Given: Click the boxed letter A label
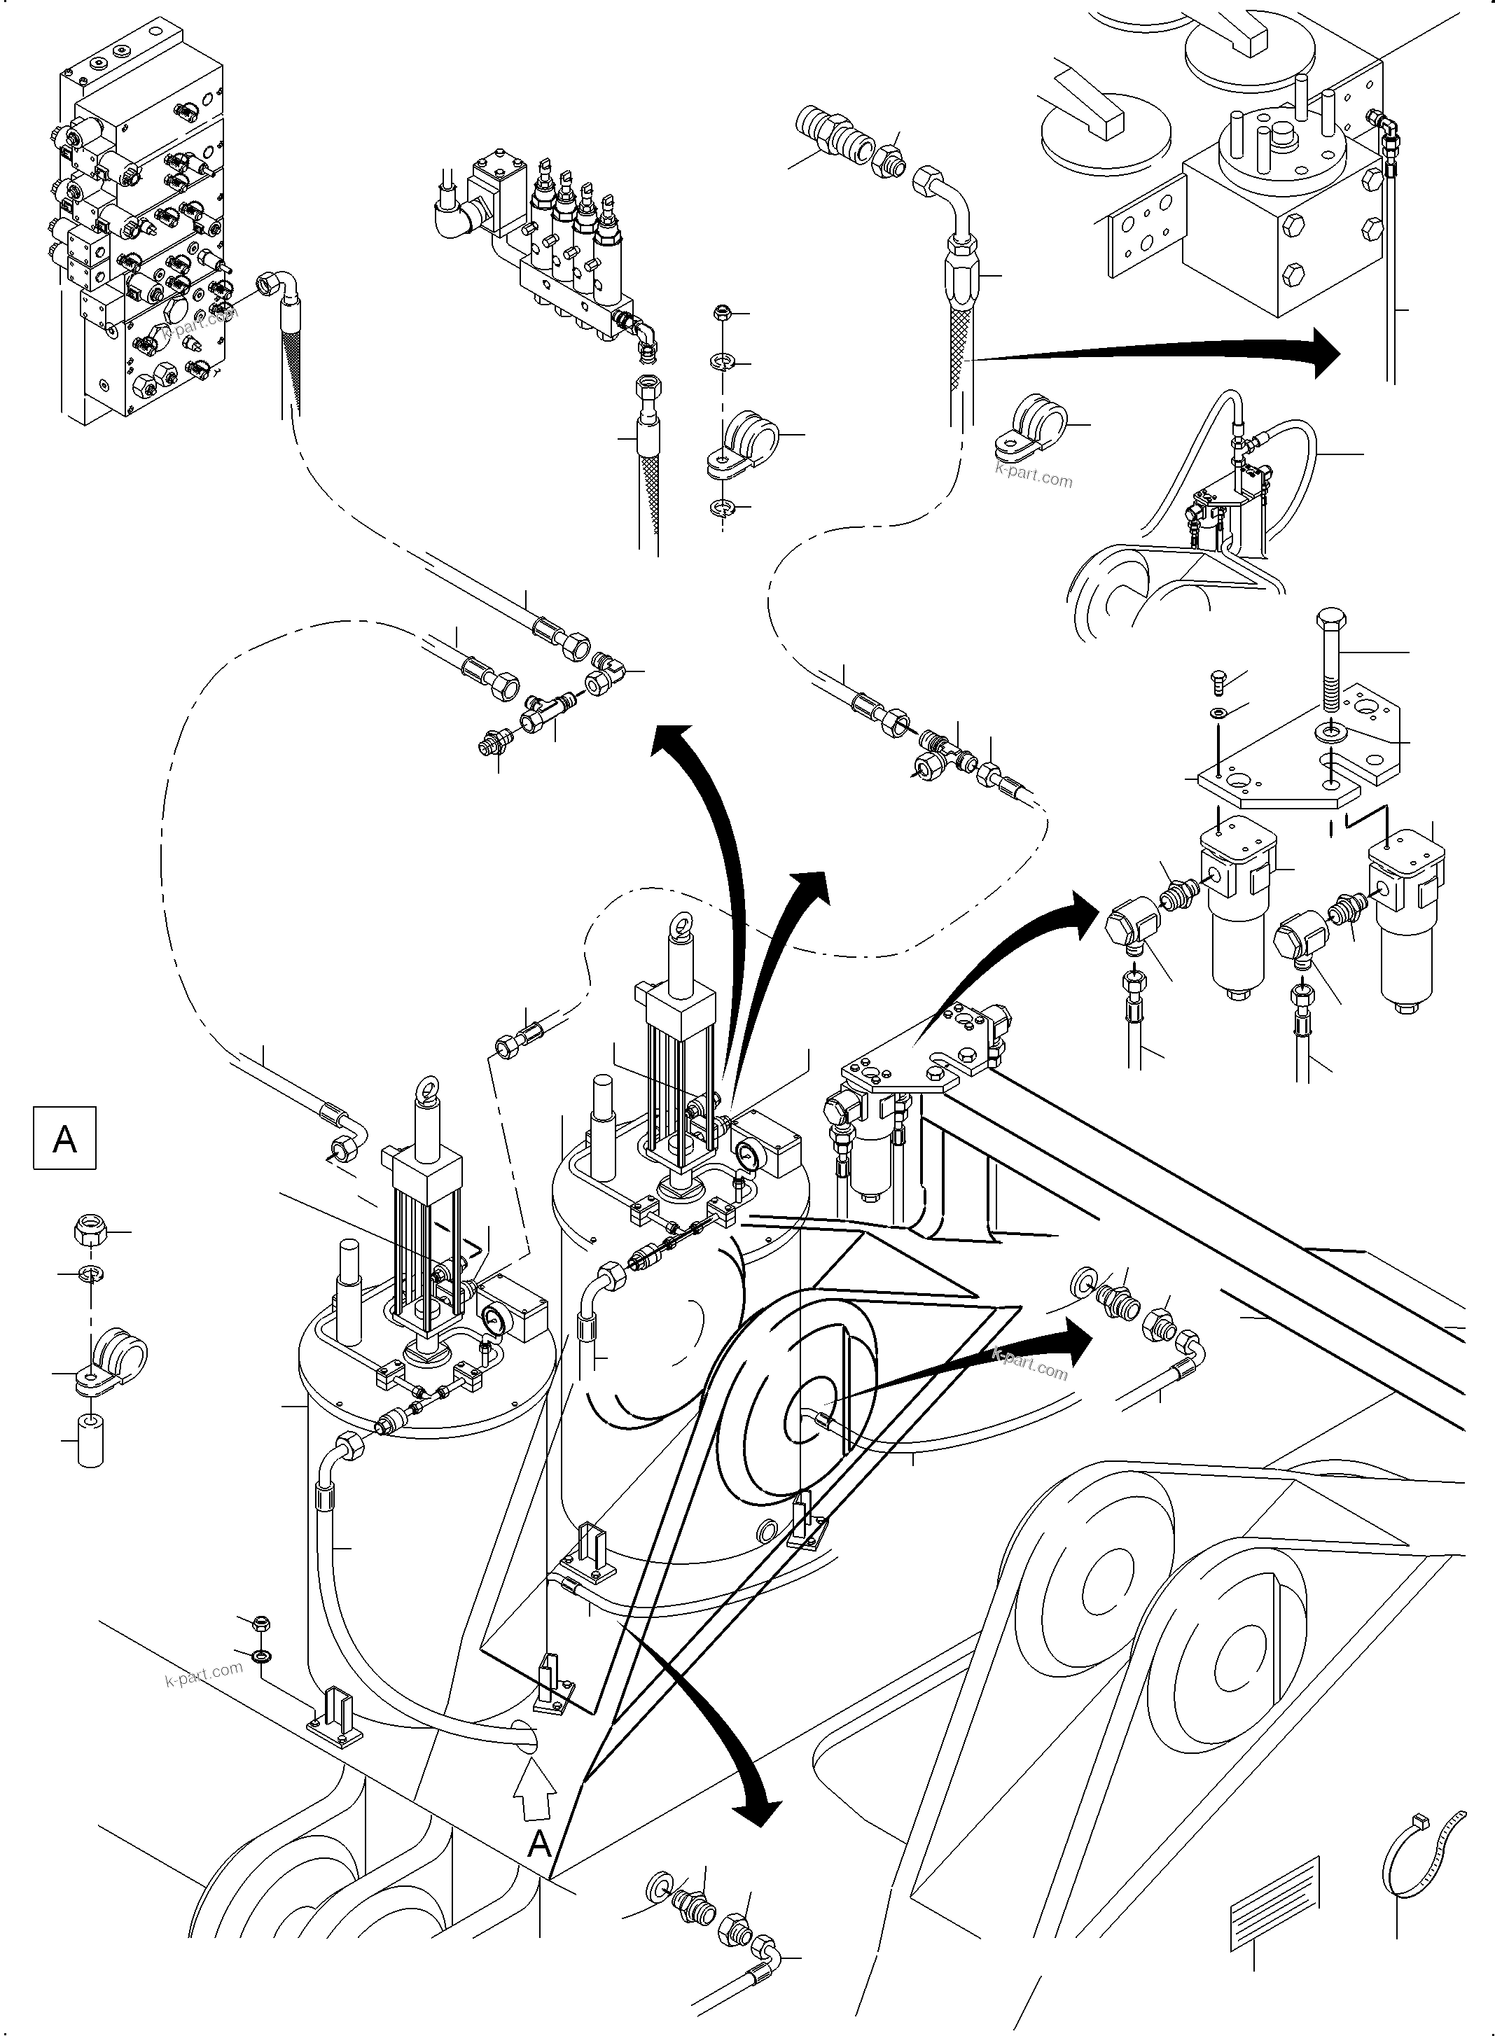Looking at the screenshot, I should point(64,1138).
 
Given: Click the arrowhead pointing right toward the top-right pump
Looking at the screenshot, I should point(1324,353).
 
